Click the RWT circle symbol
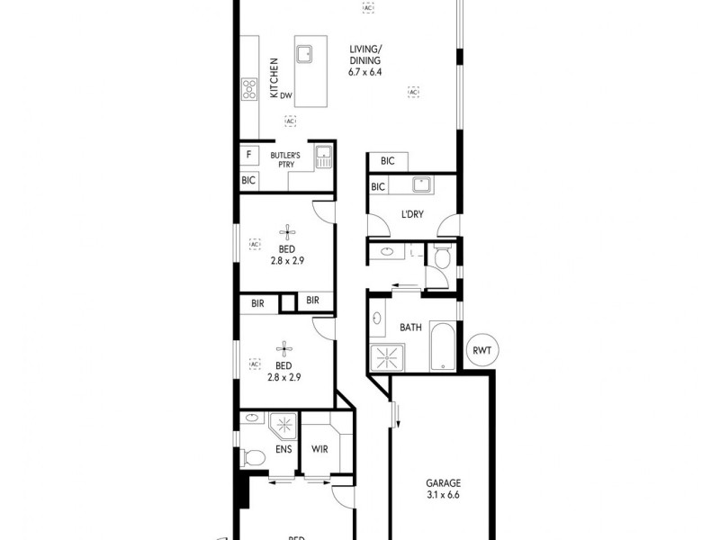click(x=484, y=351)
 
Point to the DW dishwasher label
click(x=286, y=95)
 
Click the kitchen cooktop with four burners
click(x=249, y=88)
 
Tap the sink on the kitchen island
click(x=304, y=52)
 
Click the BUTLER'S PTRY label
click(x=287, y=160)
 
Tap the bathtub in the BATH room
click(x=442, y=346)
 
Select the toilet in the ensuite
click(x=252, y=457)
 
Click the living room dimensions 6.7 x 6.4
click(x=365, y=71)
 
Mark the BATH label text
click(x=411, y=327)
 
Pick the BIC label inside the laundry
click(x=379, y=186)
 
